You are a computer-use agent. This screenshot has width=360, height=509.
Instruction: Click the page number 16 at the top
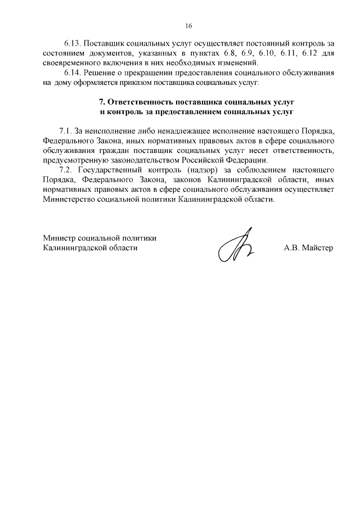[189, 25]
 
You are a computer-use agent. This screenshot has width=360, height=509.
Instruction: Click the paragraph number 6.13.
[73, 44]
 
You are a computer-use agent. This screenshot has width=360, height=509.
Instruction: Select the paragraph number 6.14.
[73, 73]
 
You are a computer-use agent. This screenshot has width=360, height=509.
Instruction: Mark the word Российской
[213, 161]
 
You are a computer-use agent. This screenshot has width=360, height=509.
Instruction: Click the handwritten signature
[237, 248]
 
